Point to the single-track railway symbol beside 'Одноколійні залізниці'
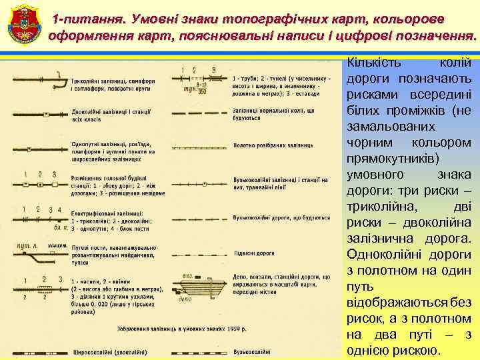pos(40,147)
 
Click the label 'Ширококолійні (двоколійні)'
pos(105,350)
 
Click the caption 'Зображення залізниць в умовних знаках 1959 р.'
pos(181,329)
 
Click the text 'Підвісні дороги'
pos(254,253)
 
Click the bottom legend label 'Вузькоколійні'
pos(252,350)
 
